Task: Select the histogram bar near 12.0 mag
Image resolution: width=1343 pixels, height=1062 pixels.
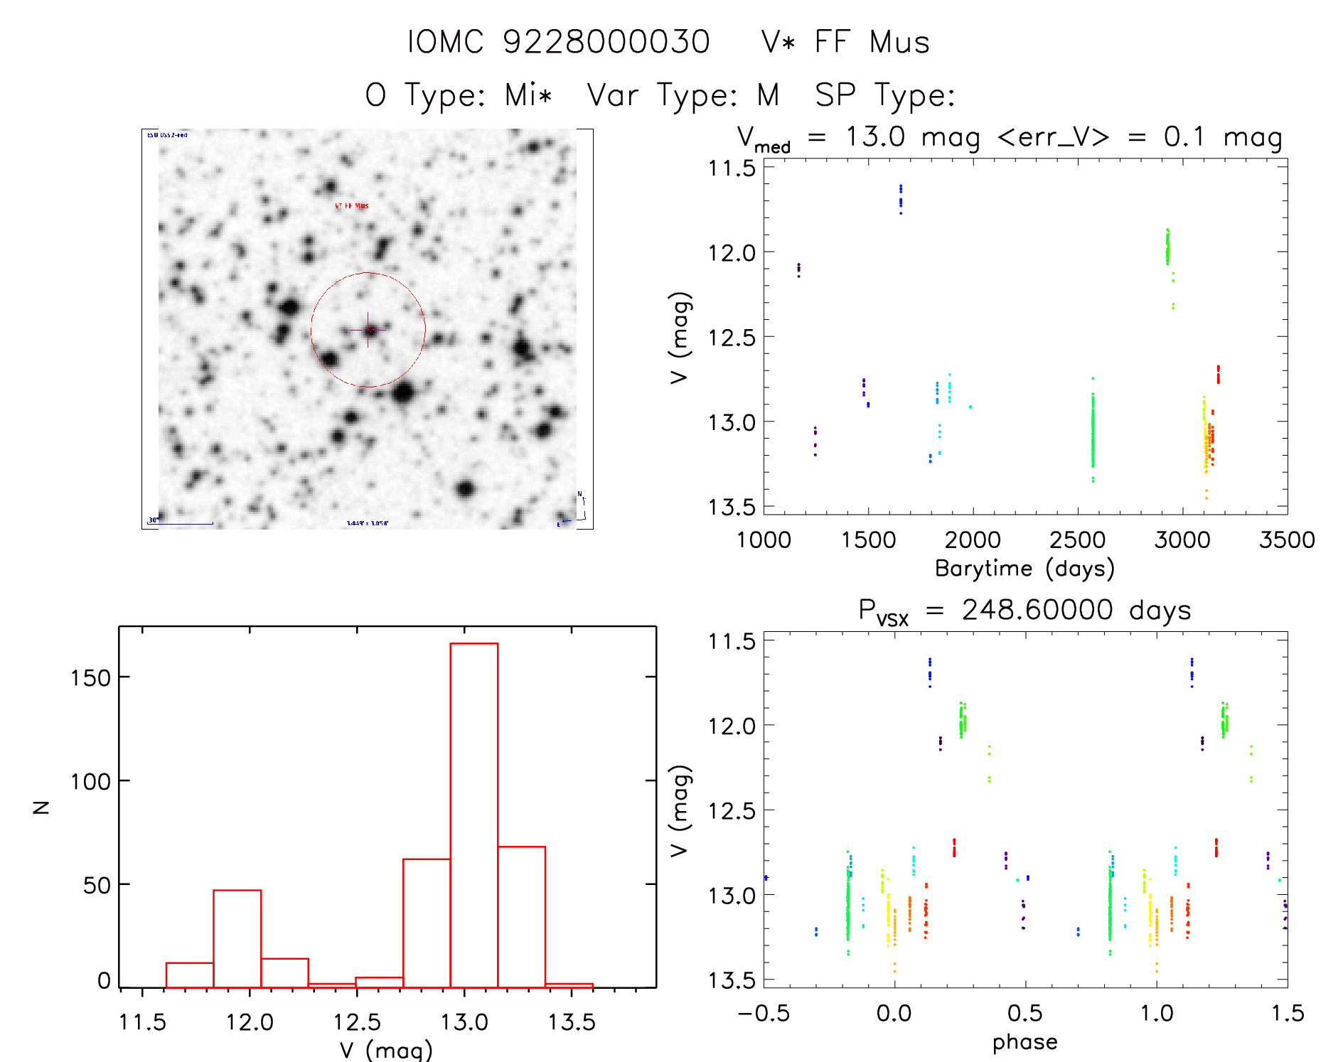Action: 237,938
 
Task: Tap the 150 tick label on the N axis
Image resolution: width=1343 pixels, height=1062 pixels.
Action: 91,678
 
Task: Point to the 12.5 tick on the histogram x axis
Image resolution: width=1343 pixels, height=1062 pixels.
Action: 357,1022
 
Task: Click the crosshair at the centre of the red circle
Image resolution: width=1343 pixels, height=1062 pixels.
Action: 368,330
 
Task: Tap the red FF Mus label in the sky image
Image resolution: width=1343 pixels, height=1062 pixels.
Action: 352,206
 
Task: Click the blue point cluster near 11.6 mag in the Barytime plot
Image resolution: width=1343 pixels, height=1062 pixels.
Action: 901,198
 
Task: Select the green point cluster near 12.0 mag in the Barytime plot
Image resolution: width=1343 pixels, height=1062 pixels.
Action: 1167,247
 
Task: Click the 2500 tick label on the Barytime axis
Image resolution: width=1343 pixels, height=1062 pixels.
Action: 1077,540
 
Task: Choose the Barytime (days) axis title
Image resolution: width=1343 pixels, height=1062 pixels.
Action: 1024,569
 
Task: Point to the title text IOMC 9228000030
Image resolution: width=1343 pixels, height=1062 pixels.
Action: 558,42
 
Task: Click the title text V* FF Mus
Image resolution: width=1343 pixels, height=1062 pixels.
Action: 845,42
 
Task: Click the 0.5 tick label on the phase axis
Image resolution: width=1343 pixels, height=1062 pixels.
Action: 1024,1013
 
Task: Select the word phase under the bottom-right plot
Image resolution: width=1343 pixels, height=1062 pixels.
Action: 1024,1042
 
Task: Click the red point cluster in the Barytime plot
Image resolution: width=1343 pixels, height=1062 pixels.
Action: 1218,374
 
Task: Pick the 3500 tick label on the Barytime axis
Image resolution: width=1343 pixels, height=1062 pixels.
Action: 1287,540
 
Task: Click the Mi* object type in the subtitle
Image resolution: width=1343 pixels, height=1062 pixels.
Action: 528,95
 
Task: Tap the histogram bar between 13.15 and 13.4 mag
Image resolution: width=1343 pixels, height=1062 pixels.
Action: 522,916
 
